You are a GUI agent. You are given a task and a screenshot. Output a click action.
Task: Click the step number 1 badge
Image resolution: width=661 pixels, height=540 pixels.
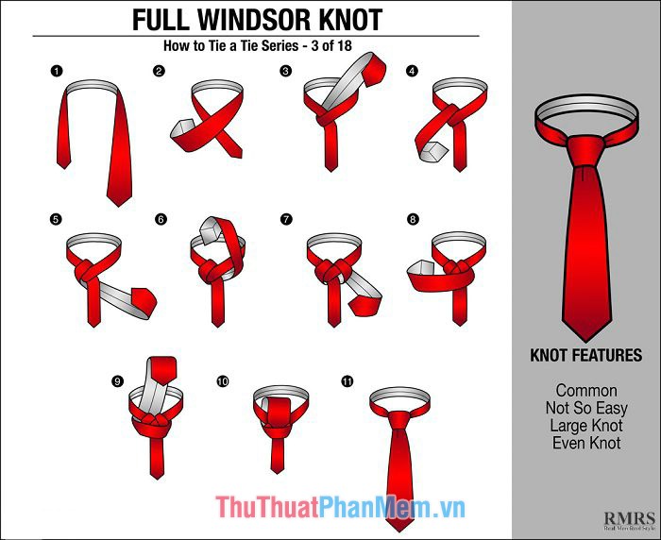pos(56,71)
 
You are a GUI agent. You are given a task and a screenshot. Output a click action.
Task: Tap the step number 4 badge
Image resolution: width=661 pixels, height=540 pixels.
pos(412,71)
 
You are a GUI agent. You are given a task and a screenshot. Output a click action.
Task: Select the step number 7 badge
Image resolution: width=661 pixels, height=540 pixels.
pos(286,220)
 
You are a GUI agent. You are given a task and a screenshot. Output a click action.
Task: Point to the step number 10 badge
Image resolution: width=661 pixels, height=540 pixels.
pos(223,381)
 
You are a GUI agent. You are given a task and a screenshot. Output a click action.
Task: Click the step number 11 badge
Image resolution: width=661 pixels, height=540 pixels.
pos(347,381)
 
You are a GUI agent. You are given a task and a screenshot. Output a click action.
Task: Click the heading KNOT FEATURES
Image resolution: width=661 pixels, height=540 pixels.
pos(586,356)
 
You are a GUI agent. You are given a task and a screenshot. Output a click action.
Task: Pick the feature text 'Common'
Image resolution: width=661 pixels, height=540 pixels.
pos(586,390)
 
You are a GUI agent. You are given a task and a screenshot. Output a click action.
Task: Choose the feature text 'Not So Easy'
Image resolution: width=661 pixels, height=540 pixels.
pos(586,408)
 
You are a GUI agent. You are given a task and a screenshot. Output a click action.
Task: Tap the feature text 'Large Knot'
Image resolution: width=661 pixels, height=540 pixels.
pos(586,426)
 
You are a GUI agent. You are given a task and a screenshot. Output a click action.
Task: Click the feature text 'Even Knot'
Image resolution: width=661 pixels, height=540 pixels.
pos(586,443)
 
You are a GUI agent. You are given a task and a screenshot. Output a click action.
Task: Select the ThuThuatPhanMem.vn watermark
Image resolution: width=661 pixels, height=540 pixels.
pos(340,508)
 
